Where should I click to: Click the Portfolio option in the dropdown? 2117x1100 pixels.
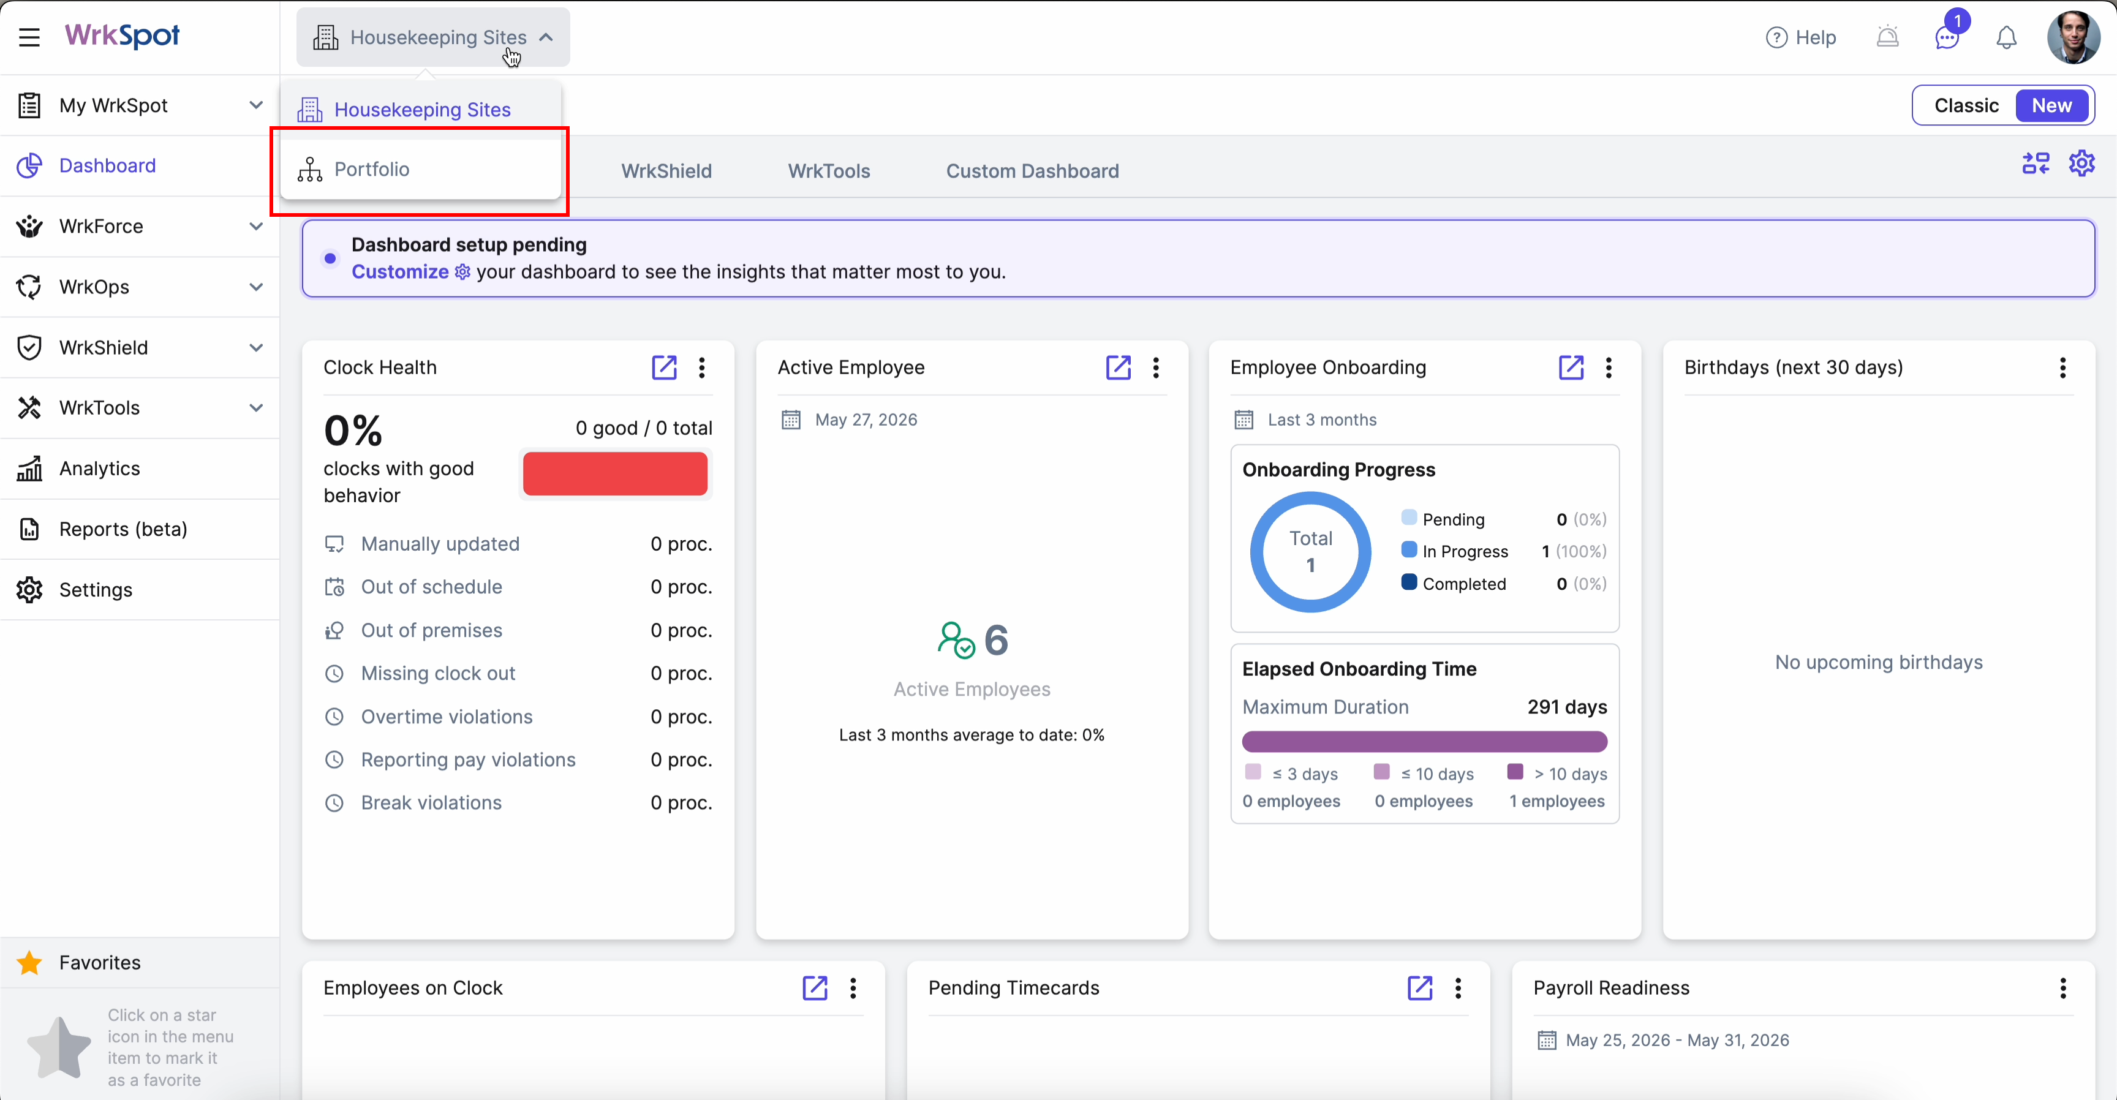click(371, 169)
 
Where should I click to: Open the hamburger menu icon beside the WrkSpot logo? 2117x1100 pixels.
click(29, 37)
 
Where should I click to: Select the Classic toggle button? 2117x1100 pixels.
click(1966, 105)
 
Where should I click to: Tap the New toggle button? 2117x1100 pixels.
click(2051, 105)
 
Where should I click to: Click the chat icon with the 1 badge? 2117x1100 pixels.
click(1947, 37)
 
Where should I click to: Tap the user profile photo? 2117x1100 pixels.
click(2073, 37)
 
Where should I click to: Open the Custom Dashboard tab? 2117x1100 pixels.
click(1032, 171)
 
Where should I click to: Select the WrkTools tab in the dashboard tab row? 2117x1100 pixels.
click(828, 171)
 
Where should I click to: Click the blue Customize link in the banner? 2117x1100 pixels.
click(400, 272)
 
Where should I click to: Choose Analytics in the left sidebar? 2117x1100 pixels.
click(99, 469)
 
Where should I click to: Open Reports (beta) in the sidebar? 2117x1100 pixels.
click(123, 529)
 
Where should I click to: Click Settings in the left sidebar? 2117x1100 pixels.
click(96, 590)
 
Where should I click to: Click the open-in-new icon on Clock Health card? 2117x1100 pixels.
click(664, 367)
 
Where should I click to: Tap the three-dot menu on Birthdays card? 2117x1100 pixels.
click(2062, 367)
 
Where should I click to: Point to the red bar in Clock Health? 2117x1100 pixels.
click(615, 473)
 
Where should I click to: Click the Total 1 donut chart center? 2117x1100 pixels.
click(1311, 551)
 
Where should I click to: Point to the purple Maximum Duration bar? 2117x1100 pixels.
click(1424, 742)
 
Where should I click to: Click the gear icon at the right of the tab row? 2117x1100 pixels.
click(2081, 164)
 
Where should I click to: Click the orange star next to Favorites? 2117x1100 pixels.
click(29, 962)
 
